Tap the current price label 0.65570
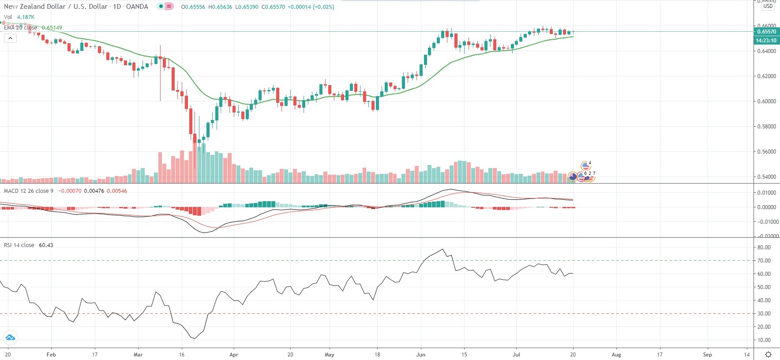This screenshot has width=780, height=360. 766,32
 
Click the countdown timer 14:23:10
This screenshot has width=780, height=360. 766,41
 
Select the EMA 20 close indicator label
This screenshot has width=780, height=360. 20,27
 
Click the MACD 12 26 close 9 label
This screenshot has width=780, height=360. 28,191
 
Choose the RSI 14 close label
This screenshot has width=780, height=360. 19,245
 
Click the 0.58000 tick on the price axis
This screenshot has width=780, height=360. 766,127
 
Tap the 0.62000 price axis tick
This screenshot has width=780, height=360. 766,76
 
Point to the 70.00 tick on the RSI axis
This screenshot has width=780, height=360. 764,261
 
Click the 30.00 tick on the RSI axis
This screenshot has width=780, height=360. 764,314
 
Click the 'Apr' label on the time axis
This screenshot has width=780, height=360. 234,355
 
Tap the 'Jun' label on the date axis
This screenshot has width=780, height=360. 421,355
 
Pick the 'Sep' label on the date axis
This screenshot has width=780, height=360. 707,355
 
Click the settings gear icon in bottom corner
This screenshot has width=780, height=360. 768,355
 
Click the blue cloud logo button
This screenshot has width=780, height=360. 10,338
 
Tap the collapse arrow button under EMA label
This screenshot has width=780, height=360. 10,38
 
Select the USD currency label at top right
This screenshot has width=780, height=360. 768,7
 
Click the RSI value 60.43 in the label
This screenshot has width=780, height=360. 46,245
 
